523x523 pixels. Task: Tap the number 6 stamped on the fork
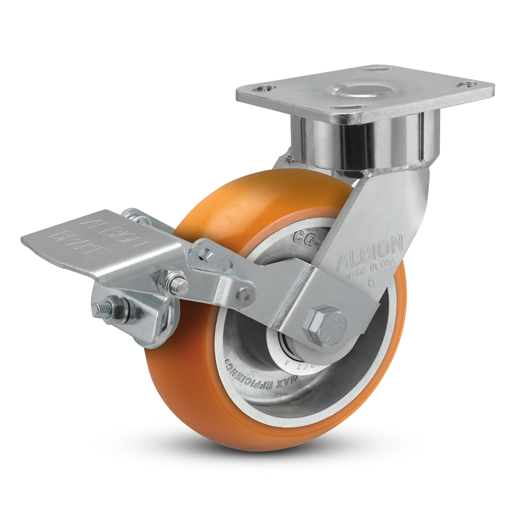click(x=371, y=281)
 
